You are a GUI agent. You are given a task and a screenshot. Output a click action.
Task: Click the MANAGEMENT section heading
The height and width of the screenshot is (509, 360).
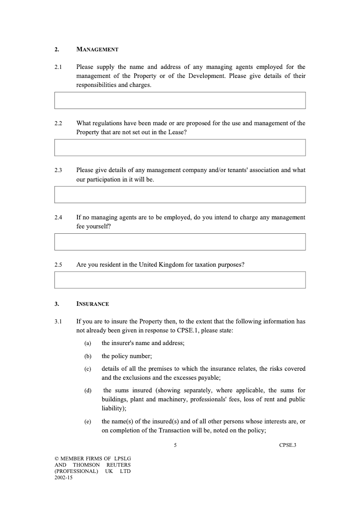coord(97,49)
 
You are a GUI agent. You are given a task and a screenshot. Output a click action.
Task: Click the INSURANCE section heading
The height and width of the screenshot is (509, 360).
coord(93,304)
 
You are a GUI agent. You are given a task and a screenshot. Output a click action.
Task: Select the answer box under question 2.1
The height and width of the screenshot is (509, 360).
coord(180,100)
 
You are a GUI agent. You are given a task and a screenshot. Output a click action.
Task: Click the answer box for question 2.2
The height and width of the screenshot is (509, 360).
coord(180,148)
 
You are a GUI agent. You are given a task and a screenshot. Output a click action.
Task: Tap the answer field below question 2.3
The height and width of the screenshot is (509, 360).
coord(180,195)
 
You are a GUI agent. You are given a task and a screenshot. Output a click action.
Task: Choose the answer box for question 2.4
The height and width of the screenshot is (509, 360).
coord(180,242)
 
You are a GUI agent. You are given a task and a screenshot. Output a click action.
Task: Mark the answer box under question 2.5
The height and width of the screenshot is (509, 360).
coord(180,280)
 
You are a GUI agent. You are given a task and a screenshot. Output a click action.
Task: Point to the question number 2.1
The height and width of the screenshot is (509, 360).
coord(58,67)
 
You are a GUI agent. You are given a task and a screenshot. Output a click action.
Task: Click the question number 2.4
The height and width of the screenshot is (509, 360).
coord(58,218)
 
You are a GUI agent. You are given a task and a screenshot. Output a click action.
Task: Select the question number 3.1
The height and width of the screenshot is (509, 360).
coord(58,322)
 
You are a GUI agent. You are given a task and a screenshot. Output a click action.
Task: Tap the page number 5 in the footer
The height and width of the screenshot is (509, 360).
coord(175,445)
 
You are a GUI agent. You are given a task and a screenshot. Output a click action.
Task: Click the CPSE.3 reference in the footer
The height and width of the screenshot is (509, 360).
coord(288,445)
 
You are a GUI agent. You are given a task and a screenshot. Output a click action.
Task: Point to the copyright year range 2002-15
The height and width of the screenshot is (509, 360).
coord(63,478)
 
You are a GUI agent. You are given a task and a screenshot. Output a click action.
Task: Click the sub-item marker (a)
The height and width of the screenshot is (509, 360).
coord(88,343)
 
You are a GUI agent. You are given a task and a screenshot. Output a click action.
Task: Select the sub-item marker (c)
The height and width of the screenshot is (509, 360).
coord(88,369)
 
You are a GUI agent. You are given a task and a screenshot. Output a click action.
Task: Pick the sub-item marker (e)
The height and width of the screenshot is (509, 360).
coord(88,422)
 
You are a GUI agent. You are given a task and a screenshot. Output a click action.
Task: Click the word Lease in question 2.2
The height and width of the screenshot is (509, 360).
coord(175,132)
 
